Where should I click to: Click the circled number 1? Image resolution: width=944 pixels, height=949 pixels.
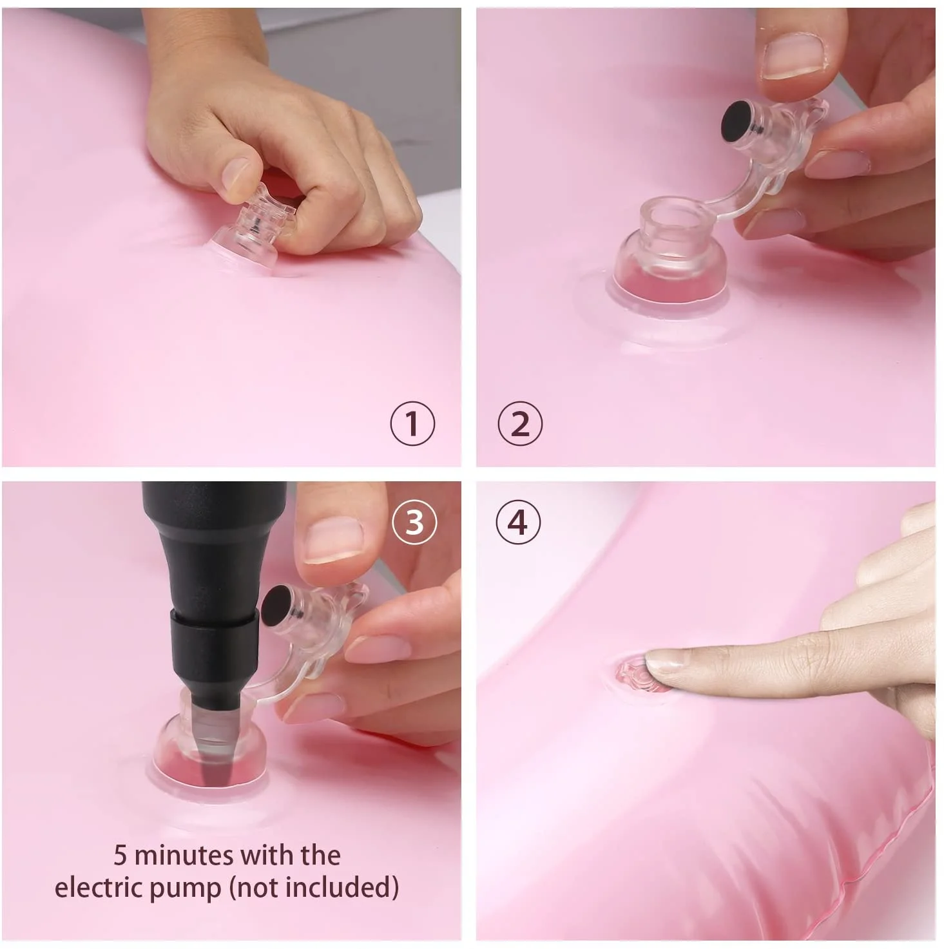[412, 423]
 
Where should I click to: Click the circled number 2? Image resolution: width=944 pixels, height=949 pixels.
[520, 423]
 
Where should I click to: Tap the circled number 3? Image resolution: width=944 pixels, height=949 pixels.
[414, 522]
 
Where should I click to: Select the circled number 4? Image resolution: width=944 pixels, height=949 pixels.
[517, 522]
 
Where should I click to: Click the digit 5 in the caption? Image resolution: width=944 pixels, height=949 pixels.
[120, 856]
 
